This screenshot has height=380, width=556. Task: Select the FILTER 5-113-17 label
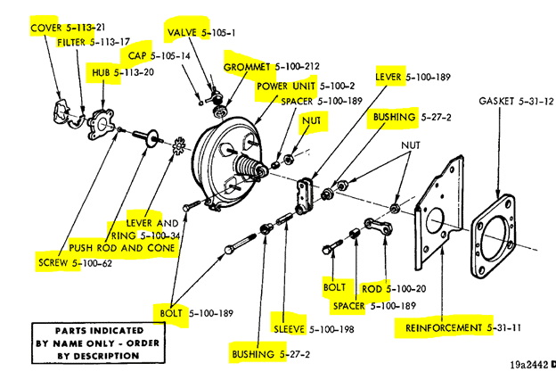(93, 42)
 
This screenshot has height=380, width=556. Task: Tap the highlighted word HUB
(100, 71)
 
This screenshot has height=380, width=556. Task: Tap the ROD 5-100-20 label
(394, 288)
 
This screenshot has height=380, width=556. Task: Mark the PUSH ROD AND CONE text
(122, 247)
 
